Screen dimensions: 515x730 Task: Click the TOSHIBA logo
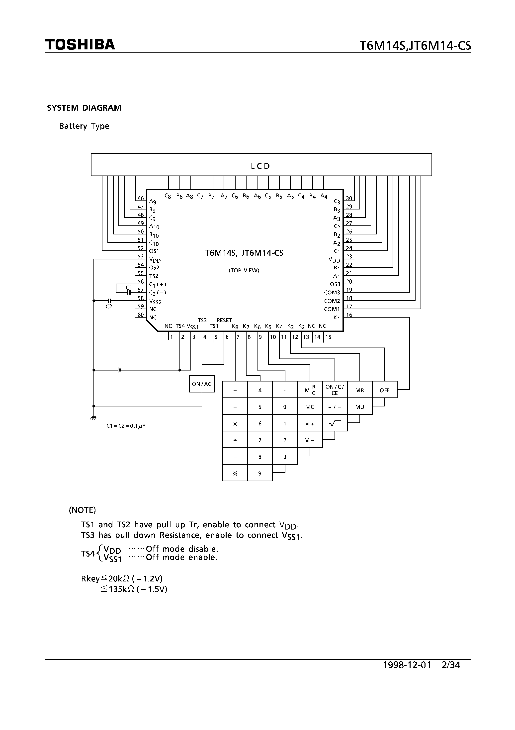80,44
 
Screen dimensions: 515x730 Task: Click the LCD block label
260,166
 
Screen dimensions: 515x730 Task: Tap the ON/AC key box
202,384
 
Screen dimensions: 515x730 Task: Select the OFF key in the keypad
384,390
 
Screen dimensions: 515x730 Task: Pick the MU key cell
360,407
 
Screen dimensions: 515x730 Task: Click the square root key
335,423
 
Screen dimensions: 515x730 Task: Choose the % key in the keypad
235,473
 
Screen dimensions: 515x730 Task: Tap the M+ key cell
310,423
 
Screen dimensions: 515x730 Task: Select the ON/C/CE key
335,390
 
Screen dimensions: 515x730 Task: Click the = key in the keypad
235,457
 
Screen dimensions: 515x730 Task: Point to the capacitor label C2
109,307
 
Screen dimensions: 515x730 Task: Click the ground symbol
93,418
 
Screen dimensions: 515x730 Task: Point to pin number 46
141,198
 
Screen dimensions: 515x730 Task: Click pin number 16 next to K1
349,315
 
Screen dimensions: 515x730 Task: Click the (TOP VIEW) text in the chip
244,270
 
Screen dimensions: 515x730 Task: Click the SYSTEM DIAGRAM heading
84,108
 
